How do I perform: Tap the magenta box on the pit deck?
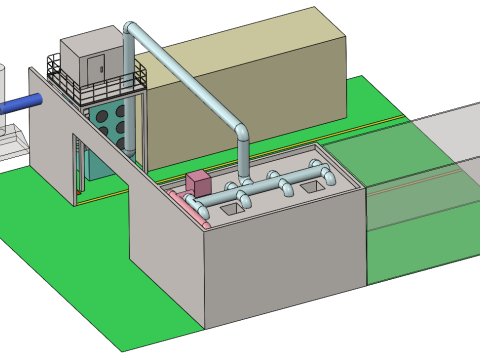click(x=198, y=183)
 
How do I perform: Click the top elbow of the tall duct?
click(x=131, y=27)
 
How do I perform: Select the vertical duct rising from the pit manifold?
click(x=243, y=160)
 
